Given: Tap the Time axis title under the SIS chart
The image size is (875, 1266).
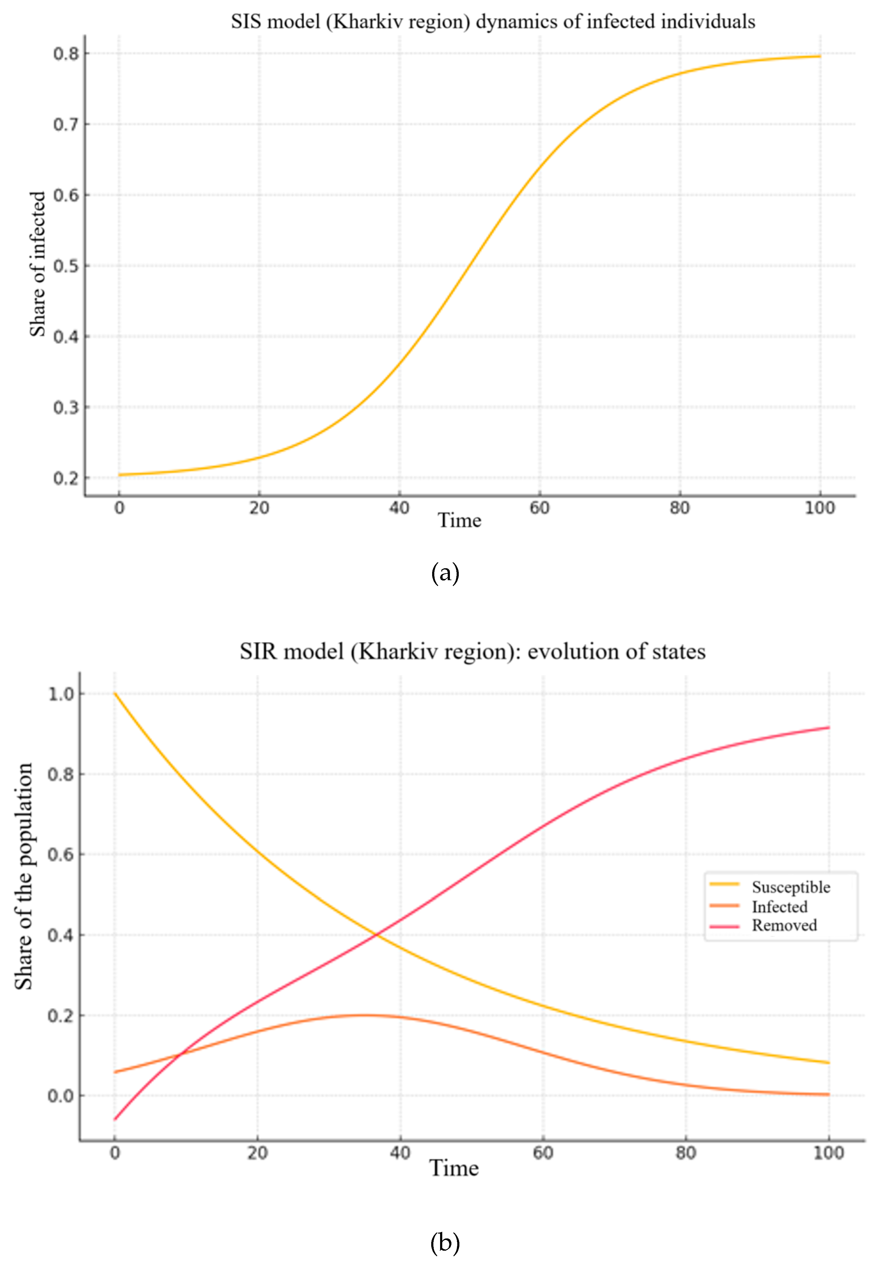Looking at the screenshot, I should [x=459, y=520].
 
